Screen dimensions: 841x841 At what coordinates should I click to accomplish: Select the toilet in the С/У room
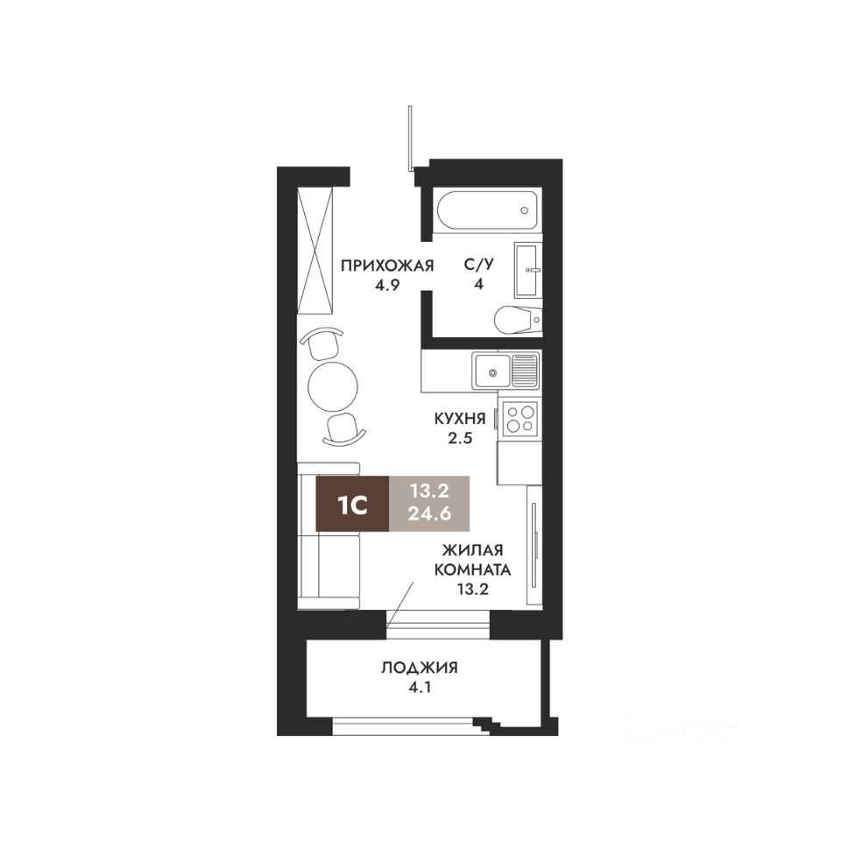514,320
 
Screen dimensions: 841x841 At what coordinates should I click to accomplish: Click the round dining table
333,386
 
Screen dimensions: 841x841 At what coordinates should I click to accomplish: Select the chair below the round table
343,428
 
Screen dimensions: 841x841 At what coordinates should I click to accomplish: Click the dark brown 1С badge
352,504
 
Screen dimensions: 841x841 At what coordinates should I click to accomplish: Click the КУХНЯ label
460,420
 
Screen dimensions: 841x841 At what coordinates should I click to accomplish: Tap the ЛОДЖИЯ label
419,668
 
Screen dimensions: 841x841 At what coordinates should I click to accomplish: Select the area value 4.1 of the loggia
419,689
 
